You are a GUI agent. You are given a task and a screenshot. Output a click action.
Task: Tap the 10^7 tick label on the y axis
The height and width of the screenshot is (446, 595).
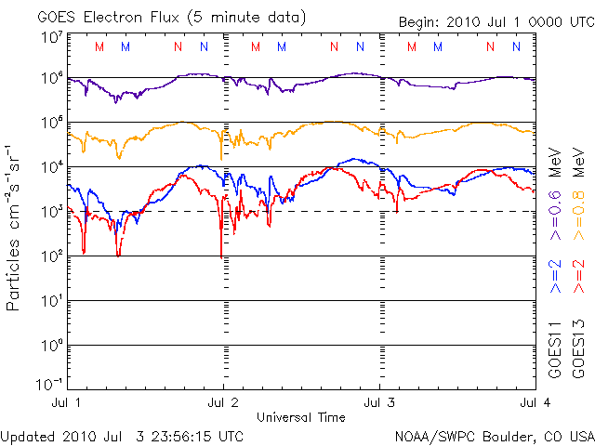(x=51, y=38)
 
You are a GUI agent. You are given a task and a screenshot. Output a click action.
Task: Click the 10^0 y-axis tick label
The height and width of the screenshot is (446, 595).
(x=51, y=346)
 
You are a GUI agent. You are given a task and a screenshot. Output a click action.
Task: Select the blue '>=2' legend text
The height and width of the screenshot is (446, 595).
(x=554, y=277)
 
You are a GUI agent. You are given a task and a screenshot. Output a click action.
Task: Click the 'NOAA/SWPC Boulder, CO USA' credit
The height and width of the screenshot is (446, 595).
(x=494, y=436)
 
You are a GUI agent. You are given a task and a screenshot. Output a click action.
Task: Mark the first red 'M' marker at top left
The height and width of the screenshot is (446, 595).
(x=99, y=46)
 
